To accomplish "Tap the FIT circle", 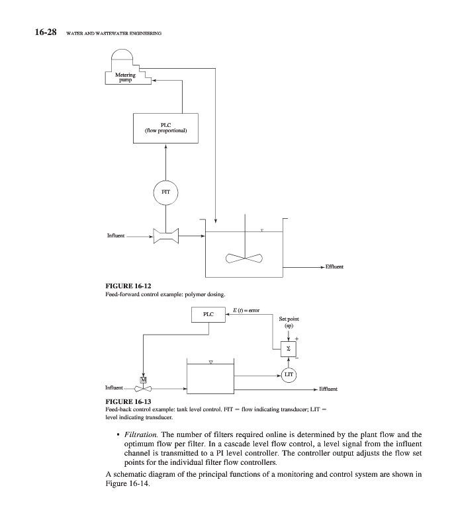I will pos(166,192).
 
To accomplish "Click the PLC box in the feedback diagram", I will pos(208,317).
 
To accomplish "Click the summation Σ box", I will pos(289,348).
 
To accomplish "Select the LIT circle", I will pos(289,375).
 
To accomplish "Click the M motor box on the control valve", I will pos(143,379).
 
